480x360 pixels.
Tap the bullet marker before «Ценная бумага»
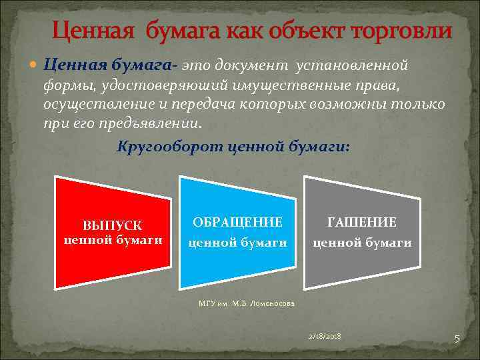pyautogui.click(x=35, y=66)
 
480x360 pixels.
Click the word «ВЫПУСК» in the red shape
pyautogui.click(x=112, y=227)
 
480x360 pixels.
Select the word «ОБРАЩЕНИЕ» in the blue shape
pyautogui.click(x=237, y=222)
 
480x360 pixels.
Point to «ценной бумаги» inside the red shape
pyautogui.click(x=113, y=240)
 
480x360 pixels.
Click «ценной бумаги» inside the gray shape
pyautogui.click(x=362, y=243)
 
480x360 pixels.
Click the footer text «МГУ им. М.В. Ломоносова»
pyautogui.click(x=246, y=303)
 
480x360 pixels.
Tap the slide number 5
pyautogui.click(x=457, y=339)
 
